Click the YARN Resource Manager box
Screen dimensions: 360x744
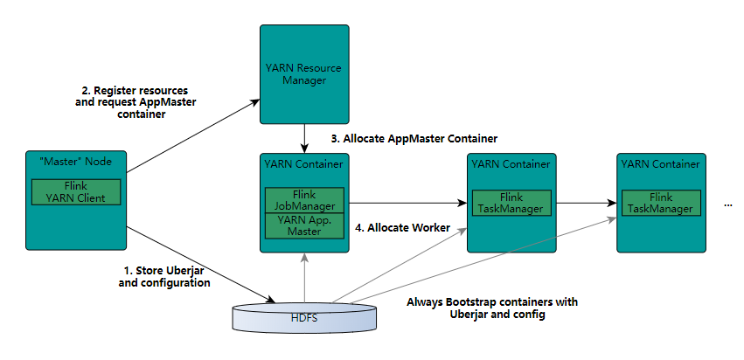tap(303, 74)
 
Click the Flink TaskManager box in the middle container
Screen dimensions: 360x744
tap(511, 203)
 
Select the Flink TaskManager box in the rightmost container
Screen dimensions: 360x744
tap(659, 203)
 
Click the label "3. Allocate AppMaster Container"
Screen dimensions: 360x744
tap(414, 138)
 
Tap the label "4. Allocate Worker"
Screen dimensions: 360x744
tap(402, 227)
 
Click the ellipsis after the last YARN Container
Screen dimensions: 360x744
tap(728, 204)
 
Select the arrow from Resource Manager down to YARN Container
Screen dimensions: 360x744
tap(303, 138)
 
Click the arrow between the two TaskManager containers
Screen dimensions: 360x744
tap(584, 204)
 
